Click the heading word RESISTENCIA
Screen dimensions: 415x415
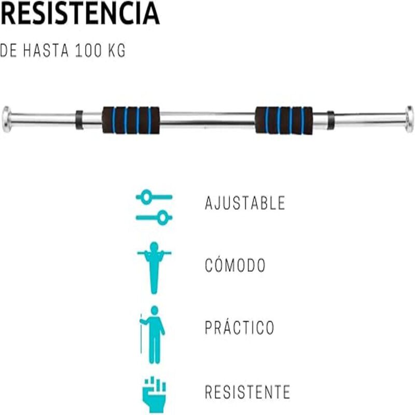[80, 13]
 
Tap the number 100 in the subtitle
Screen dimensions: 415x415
[88, 50]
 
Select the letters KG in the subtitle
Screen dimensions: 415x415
[117, 50]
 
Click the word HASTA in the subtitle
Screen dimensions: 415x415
[46, 50]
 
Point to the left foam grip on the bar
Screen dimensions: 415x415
[131, 120]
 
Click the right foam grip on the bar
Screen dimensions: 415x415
[284, 120]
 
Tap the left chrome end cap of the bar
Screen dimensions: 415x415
[6, 119]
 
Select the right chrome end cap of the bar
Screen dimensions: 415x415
[409, 119]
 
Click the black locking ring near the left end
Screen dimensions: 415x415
[79, 120]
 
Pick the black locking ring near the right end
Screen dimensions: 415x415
[330, 120]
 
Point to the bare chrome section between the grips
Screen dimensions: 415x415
[208, 120]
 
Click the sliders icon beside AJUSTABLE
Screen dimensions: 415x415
[154, 208]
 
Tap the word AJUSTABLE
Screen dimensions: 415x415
[245, 203]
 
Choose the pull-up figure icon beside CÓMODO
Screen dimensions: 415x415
[154, 268]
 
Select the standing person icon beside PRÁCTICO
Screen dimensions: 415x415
[153, 335]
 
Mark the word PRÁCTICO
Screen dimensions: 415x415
[240, 328]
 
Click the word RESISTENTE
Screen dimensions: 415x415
[247, 392]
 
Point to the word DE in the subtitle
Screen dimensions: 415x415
[8, 50]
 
